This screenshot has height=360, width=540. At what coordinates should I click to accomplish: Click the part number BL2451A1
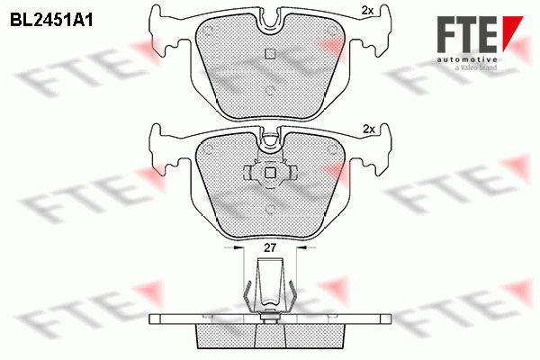[x=51, y=21]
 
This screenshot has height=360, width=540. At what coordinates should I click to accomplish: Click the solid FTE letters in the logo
[x=467, y=34]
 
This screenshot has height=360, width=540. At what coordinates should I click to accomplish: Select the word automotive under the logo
[x=466, y=59]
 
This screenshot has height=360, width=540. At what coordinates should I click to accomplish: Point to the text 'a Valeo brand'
[x=475, y=67]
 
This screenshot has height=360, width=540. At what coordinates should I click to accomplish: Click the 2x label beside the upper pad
[x=367, y=11]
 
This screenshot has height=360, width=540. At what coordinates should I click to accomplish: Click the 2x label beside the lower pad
[x=369, y=130]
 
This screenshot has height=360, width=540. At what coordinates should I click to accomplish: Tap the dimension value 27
[x=270, y=247]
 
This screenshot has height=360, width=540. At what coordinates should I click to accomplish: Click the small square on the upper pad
[x=270, y=53]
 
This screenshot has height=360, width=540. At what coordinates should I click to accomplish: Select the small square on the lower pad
[x=270, y=172]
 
